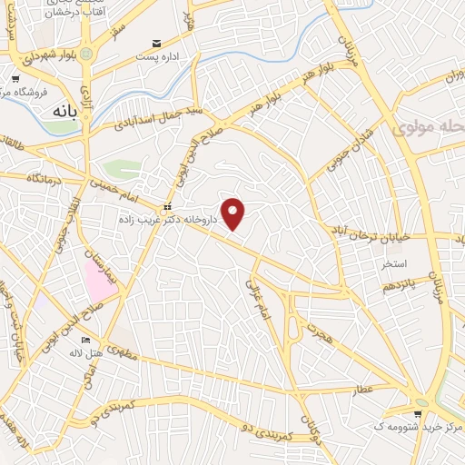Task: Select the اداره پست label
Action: (x=158, y=57)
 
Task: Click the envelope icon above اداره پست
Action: (x=158, y=43)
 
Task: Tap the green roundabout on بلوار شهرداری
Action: (x=85, y=54)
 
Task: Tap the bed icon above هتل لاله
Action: (x=86, y=341)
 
